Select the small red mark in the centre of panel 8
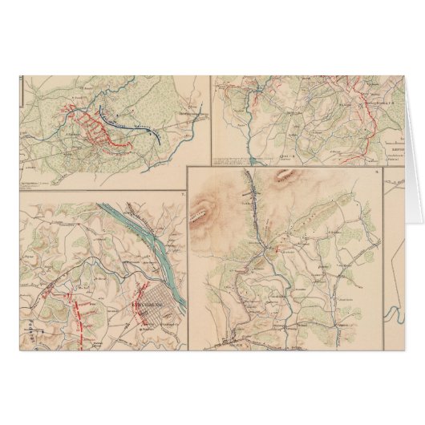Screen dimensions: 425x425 [277, 250]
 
